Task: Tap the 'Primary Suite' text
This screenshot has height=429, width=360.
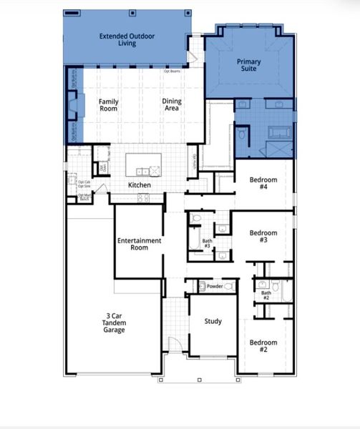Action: click(248, 66)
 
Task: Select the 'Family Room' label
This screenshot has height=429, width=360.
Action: click(108, 105)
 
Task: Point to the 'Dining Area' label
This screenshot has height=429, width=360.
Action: click(172, 105)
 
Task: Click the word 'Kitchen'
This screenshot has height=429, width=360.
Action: click(140, 185)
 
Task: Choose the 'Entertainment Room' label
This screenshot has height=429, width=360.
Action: click(139, 244)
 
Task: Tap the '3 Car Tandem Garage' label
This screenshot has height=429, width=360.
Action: click(114, 322)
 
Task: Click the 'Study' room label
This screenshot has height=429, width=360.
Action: click(213, 322)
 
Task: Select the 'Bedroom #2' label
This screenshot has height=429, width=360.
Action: click(263, 346)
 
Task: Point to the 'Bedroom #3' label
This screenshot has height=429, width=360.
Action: click(263, 237)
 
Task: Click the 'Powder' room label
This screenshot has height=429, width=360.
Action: click(215, 286)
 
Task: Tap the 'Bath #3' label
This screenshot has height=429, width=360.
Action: click(207, 245)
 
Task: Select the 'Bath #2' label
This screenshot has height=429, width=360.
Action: click(266, 296)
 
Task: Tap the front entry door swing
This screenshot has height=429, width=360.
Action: click(173, 344)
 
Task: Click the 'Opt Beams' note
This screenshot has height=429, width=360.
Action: click(172, 71)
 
